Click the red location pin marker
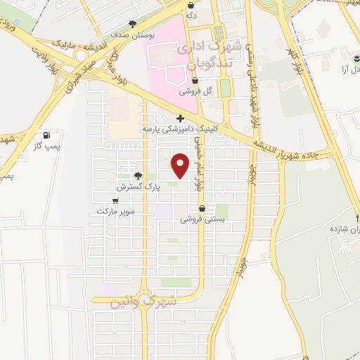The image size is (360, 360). (181, 166)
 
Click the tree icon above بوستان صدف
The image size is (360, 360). (142, 23)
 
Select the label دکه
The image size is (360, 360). (210, 13)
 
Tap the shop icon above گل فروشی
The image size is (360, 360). (195, 80)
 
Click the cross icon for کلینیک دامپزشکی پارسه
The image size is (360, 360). (180, 118)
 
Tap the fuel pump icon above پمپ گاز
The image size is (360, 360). (46, 135)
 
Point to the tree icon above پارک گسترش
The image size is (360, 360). (138, 176)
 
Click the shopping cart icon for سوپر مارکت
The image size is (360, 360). (115, 200)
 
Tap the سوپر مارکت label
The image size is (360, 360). (115, 211)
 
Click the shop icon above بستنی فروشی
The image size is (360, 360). (202, 209)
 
